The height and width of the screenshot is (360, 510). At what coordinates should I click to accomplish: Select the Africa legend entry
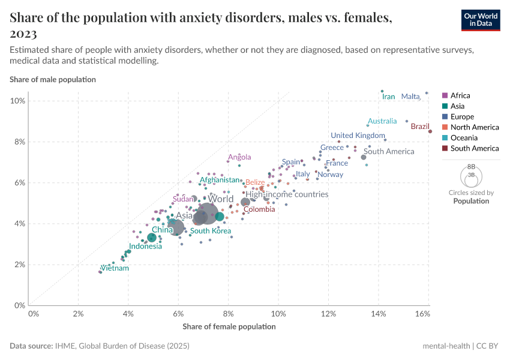pyautogui.click(x=460, y=95)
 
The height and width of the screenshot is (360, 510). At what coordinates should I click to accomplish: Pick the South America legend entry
pyautogui.click(x=475, y=148)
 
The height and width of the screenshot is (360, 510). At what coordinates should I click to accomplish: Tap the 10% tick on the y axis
pyautogui.click(x=17, y=101)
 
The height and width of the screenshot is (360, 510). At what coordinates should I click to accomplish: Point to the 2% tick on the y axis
pyautogui.click(x=19, y=265)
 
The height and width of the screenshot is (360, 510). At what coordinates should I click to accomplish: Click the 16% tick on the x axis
pyautogui.click(x=422, y=314)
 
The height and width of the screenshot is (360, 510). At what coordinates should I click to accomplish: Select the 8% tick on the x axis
pyautogui.click(x=228, y=314)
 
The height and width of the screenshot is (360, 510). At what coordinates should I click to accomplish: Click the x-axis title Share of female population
pyautogui.click(x=229, y=327)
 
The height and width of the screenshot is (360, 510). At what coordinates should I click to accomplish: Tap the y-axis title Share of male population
pyautogui.click(x=53, y=79)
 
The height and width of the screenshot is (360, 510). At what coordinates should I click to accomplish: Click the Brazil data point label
pyautogui.click(x=420, y=127)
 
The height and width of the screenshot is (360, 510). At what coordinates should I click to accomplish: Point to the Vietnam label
pyautogui.click(x=115, y=268)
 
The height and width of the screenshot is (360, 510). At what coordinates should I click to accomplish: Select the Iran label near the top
pyautogui.click(x=389, y=97)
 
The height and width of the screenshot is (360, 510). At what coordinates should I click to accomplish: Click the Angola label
pyautogui.click(x=239, y=158)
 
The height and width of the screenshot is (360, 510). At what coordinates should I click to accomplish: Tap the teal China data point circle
pyautogui.click(x=152, y=238)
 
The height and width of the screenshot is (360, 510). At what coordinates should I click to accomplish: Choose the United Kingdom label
pyautogui.click(x=358, y=136)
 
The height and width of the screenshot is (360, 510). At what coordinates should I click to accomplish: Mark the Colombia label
pyautogui.click(x=259, y=209)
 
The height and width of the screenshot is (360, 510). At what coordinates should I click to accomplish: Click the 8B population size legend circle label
pyautogui.click(x=471, y=166)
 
